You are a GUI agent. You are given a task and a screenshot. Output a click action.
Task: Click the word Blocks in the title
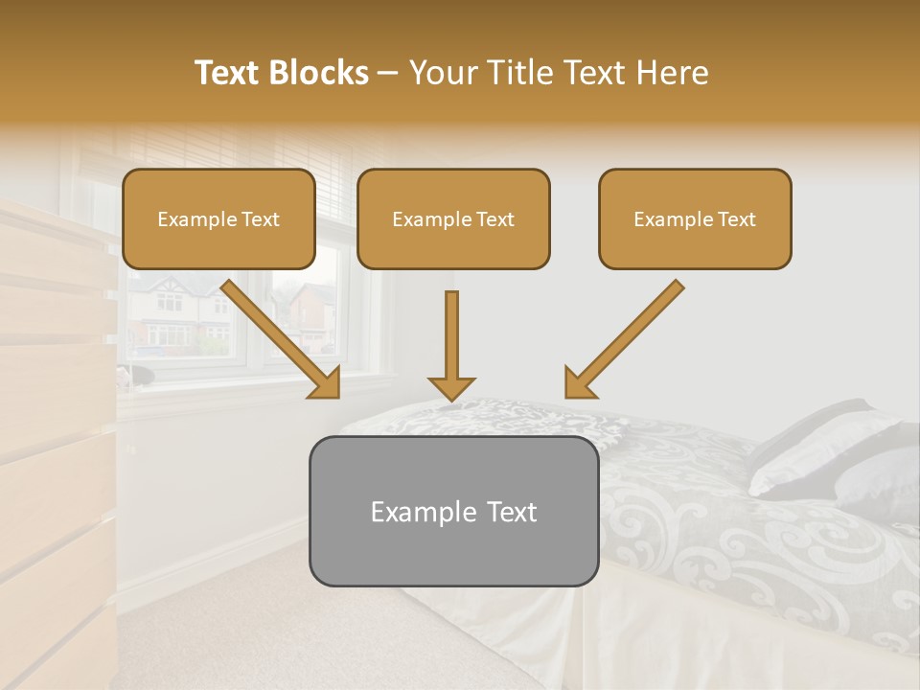point(319,73)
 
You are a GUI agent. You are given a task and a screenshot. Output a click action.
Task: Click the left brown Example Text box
point(218,219)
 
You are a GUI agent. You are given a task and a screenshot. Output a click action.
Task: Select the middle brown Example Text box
point(453,219)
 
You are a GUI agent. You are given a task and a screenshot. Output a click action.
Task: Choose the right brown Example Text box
point(695,219)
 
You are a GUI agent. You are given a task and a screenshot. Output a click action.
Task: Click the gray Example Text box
point(453,511)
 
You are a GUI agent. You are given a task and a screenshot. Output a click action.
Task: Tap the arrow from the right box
point(628,334)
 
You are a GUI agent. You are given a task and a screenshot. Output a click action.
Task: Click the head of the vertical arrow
point(451,388)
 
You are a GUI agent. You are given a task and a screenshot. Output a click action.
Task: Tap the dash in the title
point(388,73)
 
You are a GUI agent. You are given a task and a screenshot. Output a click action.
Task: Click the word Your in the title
point(442,73)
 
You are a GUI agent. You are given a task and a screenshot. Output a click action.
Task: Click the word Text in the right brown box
point(736,219)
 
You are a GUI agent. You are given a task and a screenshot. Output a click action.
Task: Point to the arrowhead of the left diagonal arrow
point(326,382)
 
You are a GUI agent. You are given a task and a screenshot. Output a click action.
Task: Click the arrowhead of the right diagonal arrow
point(578,382)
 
